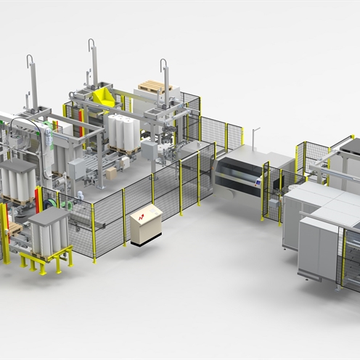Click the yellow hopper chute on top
click(x=105, y=97)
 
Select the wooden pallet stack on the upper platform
click(x=155, y=86)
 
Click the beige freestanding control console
click(x=146, y=224)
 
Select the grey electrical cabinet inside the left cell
click(x=77, y=168)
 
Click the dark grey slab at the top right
click(x=350, y=146)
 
